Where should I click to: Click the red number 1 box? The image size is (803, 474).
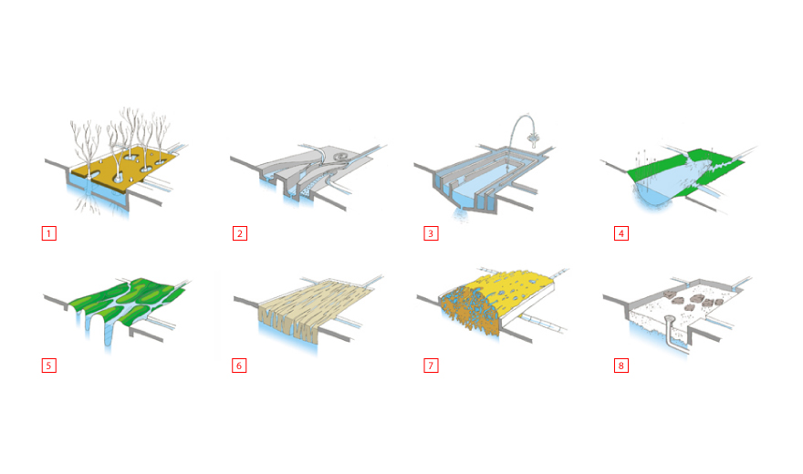48,232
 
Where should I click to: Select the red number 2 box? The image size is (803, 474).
239,232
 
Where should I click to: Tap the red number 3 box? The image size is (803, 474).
430,232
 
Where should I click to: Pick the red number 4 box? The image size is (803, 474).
621,232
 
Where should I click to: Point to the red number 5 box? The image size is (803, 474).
48,366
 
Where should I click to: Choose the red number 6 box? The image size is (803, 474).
239,366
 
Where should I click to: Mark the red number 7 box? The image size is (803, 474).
430,366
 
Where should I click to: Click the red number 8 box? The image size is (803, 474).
621,366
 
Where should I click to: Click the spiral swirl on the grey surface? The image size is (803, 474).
341,158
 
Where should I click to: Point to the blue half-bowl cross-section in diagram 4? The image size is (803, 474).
652,196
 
